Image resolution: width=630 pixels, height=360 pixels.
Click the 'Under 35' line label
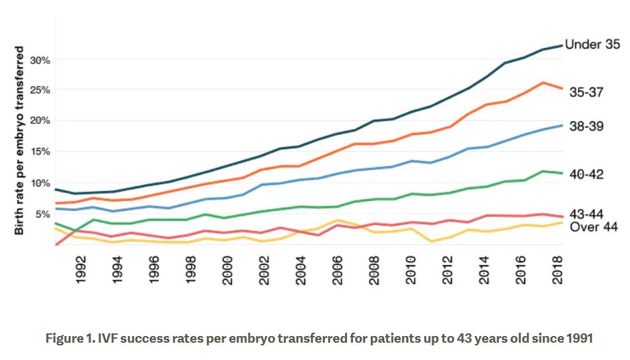click(x=592, y=45)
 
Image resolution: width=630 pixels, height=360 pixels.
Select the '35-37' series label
click(x=587, y=92)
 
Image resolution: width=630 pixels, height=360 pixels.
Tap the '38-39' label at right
click(x=587, y=126)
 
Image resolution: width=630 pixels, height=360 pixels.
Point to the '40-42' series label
click(x=587, y=175)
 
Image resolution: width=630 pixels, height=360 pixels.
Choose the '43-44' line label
click(x=587, y=214)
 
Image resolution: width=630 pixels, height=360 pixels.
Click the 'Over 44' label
click(x=592, y=227)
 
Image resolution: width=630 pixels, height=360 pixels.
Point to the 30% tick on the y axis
click(x=41, y=60)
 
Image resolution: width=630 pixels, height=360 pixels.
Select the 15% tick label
click(x=41, y=152)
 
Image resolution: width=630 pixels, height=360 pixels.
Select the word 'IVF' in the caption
click(x=109, y=337)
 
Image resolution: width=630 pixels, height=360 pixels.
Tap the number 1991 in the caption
click(x=577, y=337)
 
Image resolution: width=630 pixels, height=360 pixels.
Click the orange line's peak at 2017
click(x=544, y=83)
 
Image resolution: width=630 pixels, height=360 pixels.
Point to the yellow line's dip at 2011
click(x=432, y=242)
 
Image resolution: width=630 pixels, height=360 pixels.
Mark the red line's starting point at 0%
click(x=57, y=244)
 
